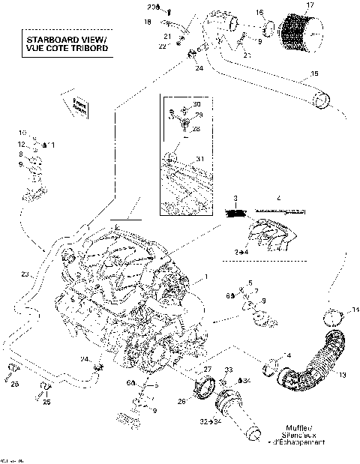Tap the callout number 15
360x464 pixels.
[x=313, y=74]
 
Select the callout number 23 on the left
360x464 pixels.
[x=25, y=275]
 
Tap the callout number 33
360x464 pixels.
[x=229, y=370]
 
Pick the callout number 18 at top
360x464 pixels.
[x=147, y=23]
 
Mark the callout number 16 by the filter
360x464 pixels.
[x=260, y=13]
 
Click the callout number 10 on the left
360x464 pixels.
[x=22, y=132]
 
